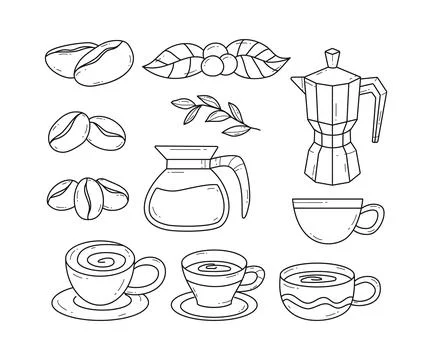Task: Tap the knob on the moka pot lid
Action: coord(327,47)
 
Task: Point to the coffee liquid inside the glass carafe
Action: coord(193,206)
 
